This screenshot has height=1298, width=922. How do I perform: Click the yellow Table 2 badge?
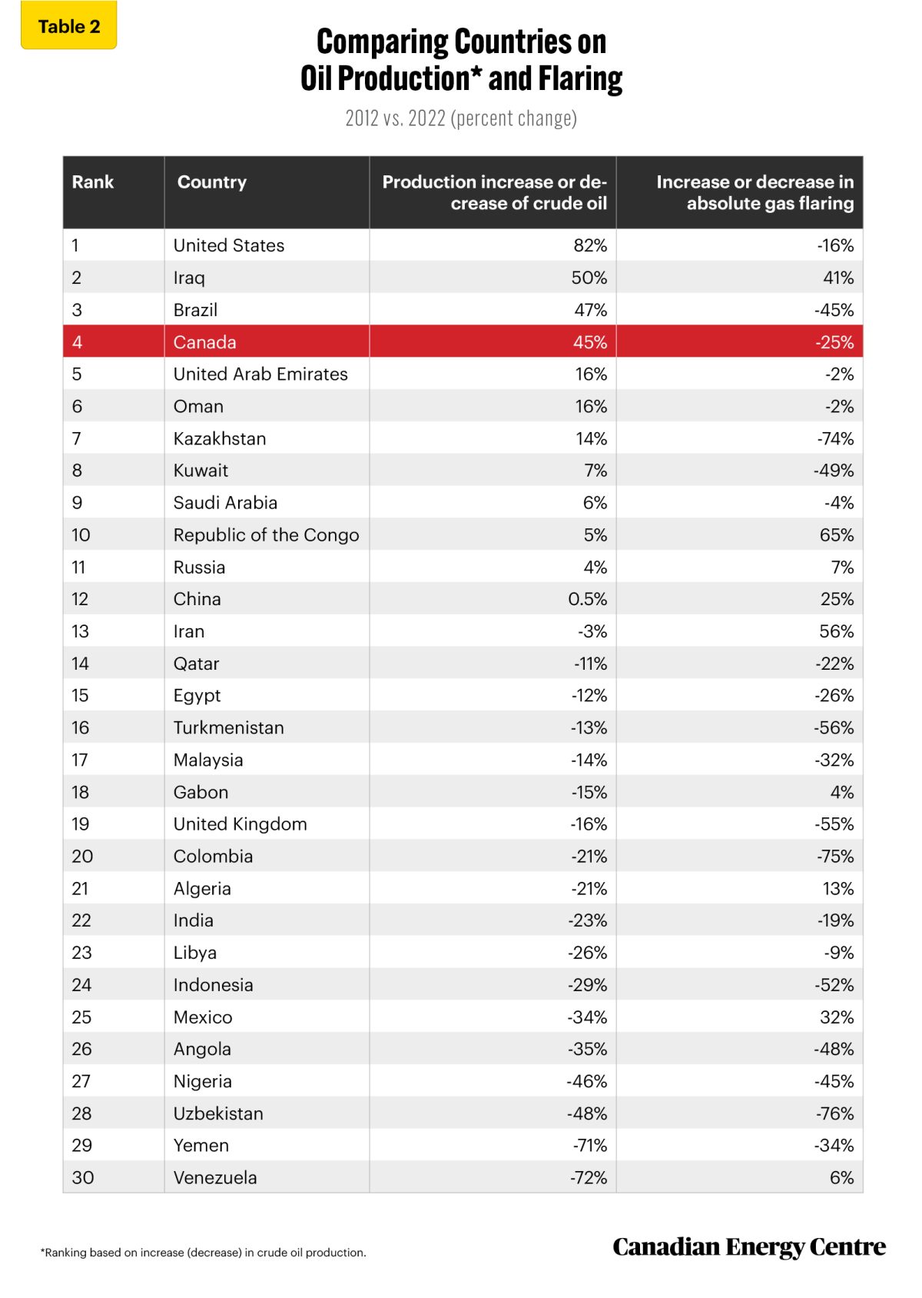click(x=69, y=27)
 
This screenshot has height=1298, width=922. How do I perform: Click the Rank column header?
click(x=93, y=182)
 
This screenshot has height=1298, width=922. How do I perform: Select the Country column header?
click(x=212, y=182)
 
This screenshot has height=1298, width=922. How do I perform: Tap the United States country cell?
click(x=229, y=245)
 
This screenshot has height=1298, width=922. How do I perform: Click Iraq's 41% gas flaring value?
click(x=838, y=278)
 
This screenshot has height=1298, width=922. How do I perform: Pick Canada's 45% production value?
click(x=589, y=342)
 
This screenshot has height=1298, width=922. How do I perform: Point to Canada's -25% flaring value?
click(x=834, y=342)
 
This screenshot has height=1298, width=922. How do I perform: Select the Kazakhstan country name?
click(x=220, y=438)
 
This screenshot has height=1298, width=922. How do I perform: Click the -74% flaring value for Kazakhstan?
click(x=835, y=438)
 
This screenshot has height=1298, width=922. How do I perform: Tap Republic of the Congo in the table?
click(x=266, y=535)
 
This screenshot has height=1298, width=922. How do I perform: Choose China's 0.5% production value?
click(x=588, y=599)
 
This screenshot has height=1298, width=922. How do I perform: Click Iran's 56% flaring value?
click(x=837, y=631)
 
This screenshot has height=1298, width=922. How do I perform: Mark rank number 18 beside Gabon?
click(x=81, y=792)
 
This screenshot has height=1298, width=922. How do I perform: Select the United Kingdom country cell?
click(x=240, y=824)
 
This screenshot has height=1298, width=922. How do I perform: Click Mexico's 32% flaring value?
click(x=837, y=1017)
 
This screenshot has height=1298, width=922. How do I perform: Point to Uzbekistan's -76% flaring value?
click(x=834, y=1113)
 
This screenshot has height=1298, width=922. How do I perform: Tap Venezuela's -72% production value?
click(x=589, y=1177)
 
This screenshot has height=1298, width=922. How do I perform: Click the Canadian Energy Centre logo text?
click(x=749, y=1246)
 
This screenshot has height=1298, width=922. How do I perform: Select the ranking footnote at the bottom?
click(x=204, y=1253)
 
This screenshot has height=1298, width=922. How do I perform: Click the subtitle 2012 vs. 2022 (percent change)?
click(x=461, y=118)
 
